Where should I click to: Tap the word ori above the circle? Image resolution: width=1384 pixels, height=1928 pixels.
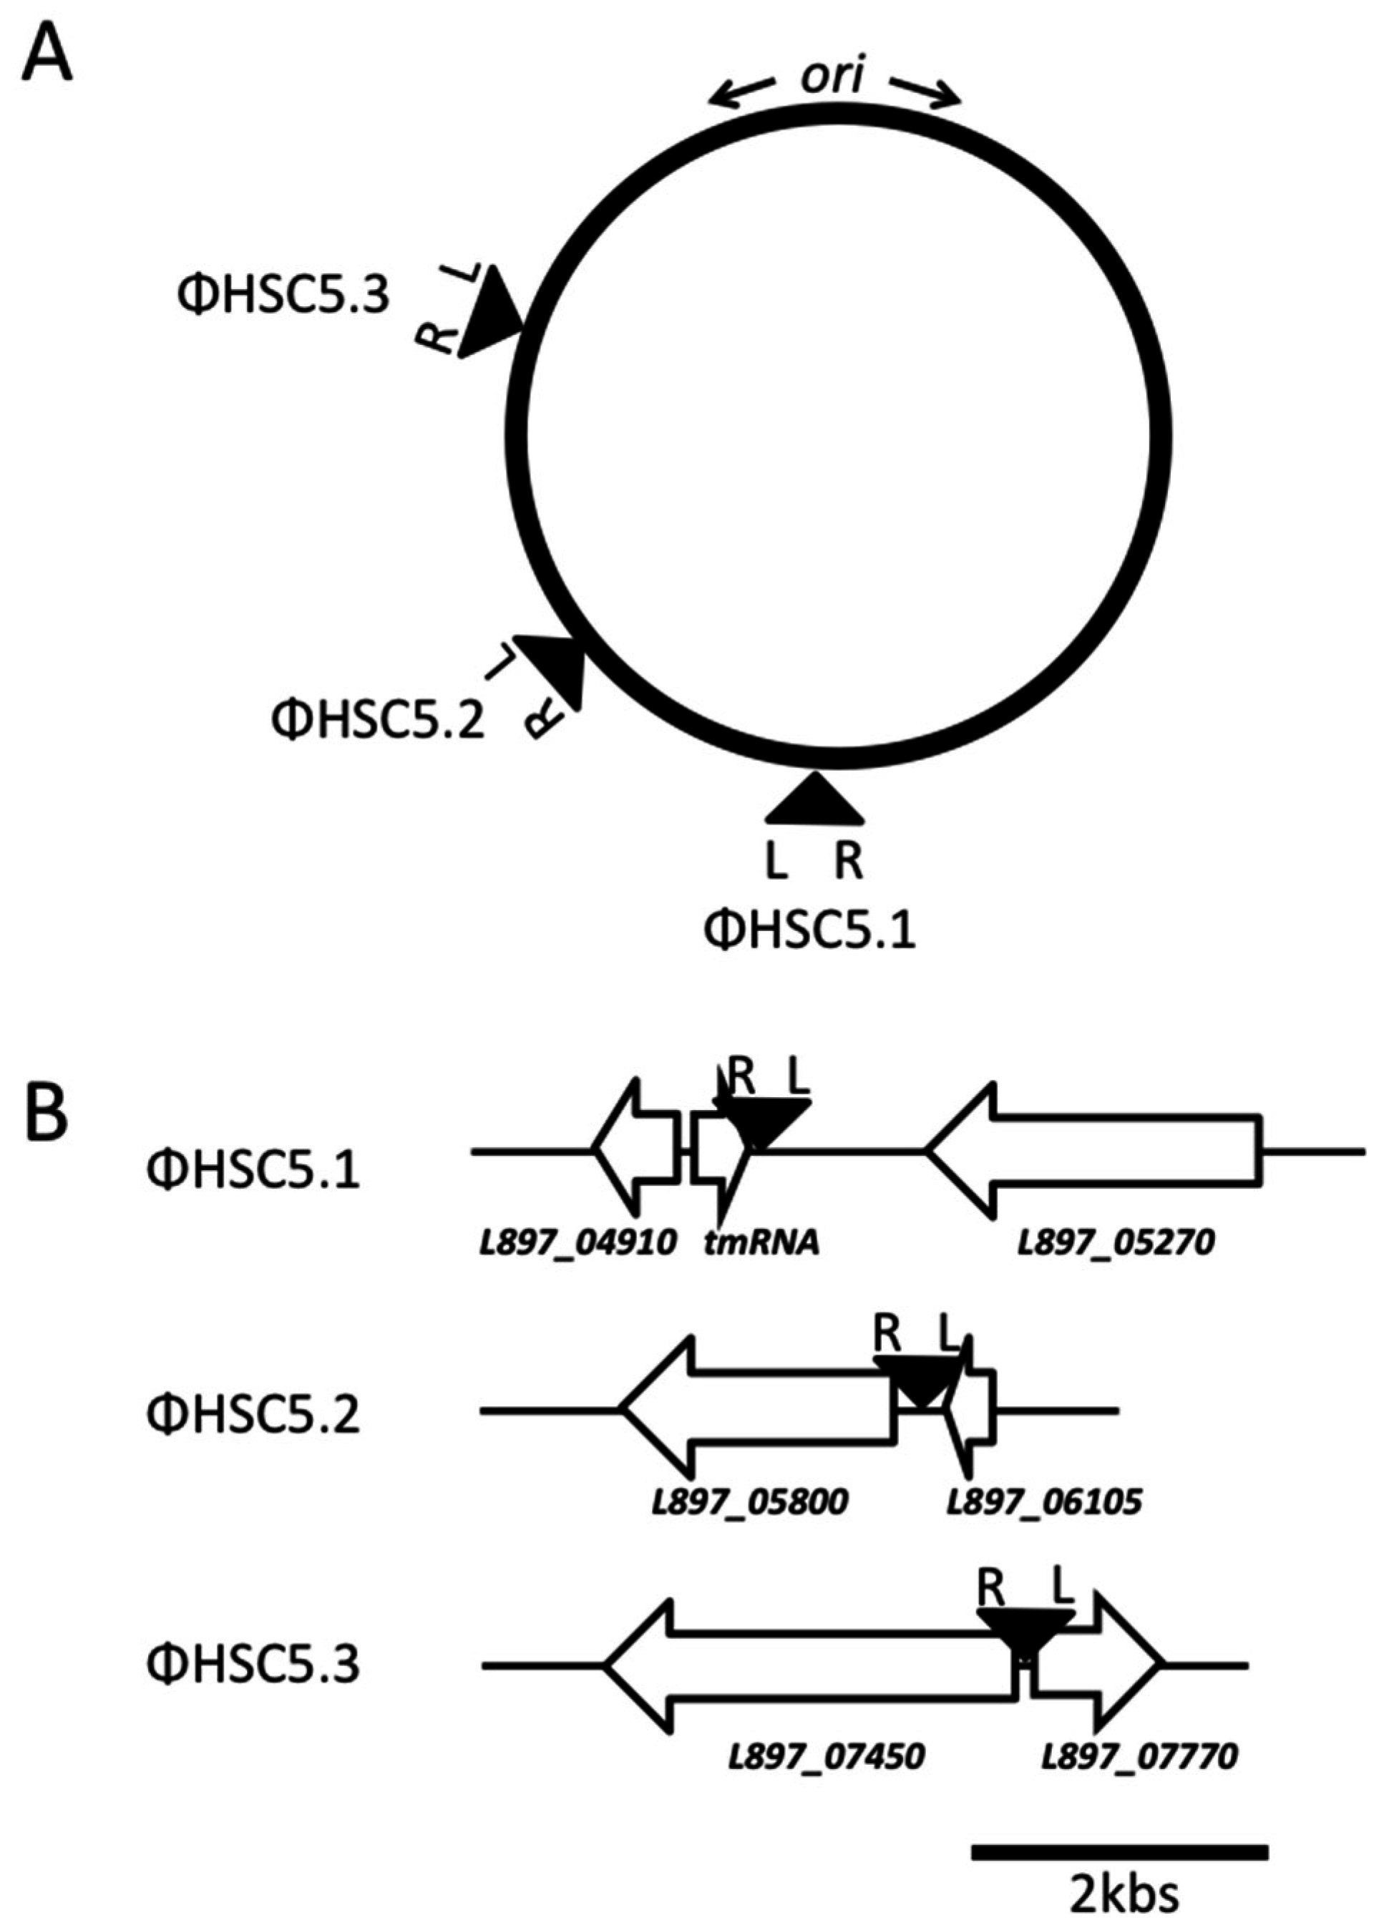[x=832, y=78]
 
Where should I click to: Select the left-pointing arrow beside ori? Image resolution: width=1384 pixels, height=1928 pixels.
[x=741, y=91]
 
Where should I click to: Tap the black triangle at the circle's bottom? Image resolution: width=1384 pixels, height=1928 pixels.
[x=814, y=802]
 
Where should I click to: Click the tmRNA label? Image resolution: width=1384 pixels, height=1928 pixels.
[x=761, y=1244]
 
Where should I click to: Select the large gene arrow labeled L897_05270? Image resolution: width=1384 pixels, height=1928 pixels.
[x=1096, y=1148]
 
